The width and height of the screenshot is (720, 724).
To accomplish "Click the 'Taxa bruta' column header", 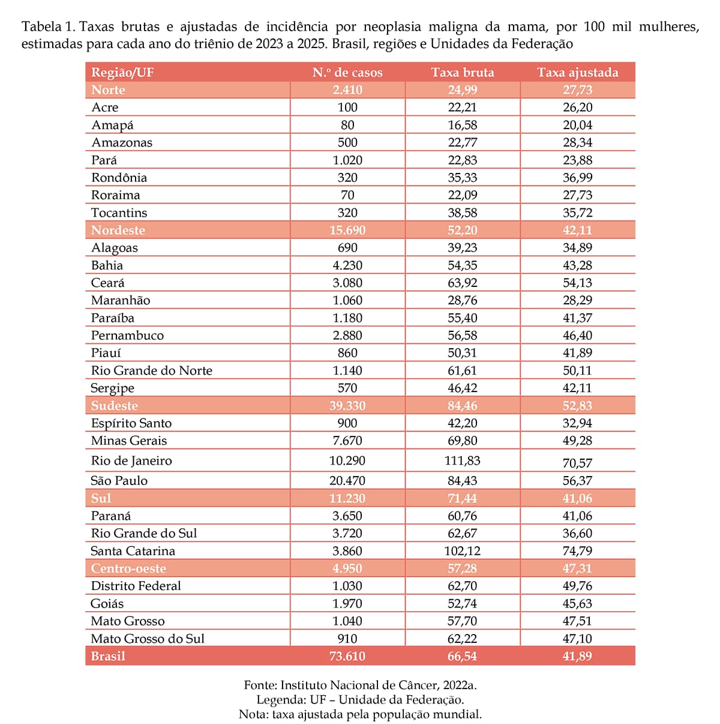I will point(462,73).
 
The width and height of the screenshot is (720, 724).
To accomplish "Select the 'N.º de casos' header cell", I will point(347,73).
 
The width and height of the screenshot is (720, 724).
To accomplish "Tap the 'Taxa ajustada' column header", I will point(577,73).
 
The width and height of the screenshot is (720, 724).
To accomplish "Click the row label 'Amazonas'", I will point(122,143).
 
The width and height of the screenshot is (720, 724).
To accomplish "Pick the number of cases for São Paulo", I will point(347,481).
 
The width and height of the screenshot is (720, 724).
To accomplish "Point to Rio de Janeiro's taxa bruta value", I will point(462,460).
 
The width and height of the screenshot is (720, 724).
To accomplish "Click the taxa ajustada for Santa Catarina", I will point(577,551).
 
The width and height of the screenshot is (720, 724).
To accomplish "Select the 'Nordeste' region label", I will point(118,231).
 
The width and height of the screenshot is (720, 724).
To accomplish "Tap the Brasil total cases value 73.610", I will point(347,656).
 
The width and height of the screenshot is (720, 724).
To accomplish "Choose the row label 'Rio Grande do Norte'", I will point(152,370).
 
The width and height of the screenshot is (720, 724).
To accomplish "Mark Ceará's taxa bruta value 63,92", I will point(462,283).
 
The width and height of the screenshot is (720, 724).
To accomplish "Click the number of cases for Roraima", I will point(347,195).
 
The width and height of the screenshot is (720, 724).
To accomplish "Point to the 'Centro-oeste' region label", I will point(128,569).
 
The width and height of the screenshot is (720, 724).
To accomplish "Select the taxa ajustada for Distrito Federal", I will point(577,586).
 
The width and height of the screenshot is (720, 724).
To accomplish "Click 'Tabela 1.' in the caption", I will point(49,27).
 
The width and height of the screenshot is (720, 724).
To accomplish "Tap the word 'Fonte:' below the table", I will point(260,685).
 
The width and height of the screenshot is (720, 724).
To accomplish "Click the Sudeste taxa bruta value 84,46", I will point(462,406).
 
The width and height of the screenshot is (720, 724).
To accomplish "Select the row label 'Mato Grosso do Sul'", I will point(148,639).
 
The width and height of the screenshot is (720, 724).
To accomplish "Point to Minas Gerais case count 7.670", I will point(347,441).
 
